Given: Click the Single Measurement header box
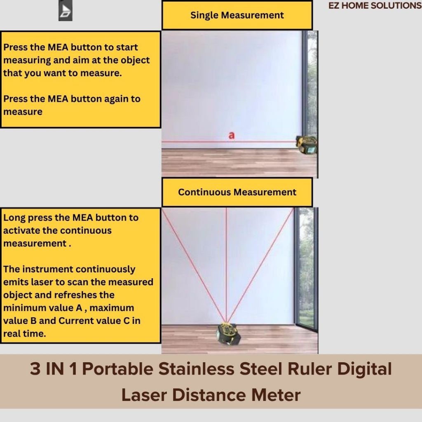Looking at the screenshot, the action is coord(237,15).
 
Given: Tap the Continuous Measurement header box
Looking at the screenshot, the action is coord(237,192).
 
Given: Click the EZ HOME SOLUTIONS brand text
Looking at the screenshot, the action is coord(375,5).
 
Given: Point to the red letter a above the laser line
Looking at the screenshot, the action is coord(232,135).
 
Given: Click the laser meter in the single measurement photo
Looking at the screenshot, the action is coord(307,145).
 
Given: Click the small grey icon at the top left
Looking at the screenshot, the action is coord(66,10).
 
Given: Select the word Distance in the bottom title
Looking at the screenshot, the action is coord(209,395).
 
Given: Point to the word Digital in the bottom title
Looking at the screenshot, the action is coord(364,369).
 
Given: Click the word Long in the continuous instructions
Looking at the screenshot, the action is coord(14,218).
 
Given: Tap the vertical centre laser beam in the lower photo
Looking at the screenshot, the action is coord(226,265).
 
